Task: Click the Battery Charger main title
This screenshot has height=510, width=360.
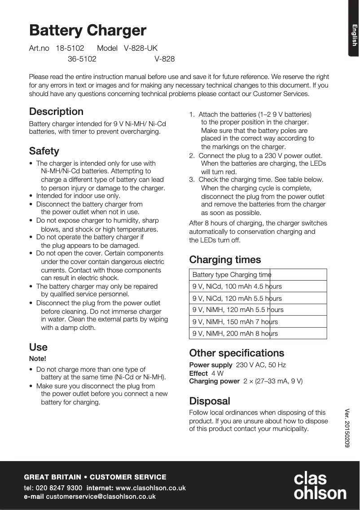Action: [x=88, y=31]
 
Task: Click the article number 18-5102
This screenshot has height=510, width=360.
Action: [x=70, y=48]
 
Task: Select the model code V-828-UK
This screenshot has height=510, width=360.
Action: [x=140, y=48]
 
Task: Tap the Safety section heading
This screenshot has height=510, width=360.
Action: [x=44, y=151]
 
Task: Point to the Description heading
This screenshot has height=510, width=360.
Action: [x=56, y=111]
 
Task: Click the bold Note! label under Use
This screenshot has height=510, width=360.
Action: [x=38, y=358]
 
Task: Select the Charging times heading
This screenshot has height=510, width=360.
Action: [x=225, y=259]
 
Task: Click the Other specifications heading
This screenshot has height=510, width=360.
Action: [x=237, y=353]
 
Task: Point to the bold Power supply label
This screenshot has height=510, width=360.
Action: [x=211, y=365]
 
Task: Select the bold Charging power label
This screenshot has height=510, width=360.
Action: [x=215, y=381]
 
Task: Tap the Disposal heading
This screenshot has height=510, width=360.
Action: [x=210, y=401]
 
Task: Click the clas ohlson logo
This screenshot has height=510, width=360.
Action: [x=320, y=486]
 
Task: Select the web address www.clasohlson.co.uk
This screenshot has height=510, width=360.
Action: [x=150, y=488]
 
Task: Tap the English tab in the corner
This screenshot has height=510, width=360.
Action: [x=354, y=35]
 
